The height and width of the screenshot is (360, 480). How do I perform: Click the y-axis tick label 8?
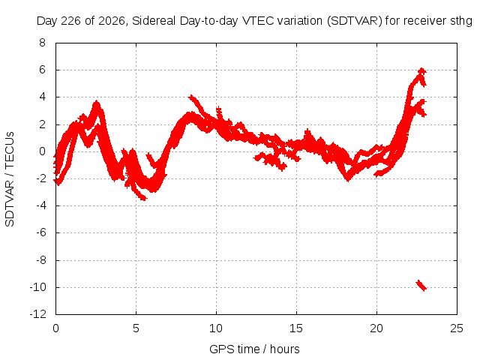[42, 43]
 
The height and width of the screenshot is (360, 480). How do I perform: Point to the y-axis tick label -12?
[38, 314]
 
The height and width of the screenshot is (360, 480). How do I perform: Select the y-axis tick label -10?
[38, 287]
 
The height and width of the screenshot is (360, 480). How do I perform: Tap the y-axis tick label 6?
[42, 70]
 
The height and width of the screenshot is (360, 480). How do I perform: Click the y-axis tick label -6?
[40, 232]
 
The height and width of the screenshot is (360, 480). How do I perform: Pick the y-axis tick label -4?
[40, 205]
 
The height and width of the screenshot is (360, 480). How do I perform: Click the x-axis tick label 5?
[136, 328]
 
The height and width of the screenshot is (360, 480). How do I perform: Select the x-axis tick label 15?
[296, 328]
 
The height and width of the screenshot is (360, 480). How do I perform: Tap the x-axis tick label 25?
[457, 328]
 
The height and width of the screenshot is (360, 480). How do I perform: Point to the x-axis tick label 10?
[216, 328]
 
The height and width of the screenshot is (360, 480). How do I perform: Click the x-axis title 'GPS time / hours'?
[254, 349]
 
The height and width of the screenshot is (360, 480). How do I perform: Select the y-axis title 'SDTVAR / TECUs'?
[10, 179]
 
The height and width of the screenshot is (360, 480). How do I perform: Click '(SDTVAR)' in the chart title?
[355, 21]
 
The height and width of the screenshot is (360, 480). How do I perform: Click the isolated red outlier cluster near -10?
[421, 285]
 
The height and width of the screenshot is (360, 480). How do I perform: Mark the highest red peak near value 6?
[422, 70]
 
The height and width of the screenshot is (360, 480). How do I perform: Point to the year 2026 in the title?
[111, 21]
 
